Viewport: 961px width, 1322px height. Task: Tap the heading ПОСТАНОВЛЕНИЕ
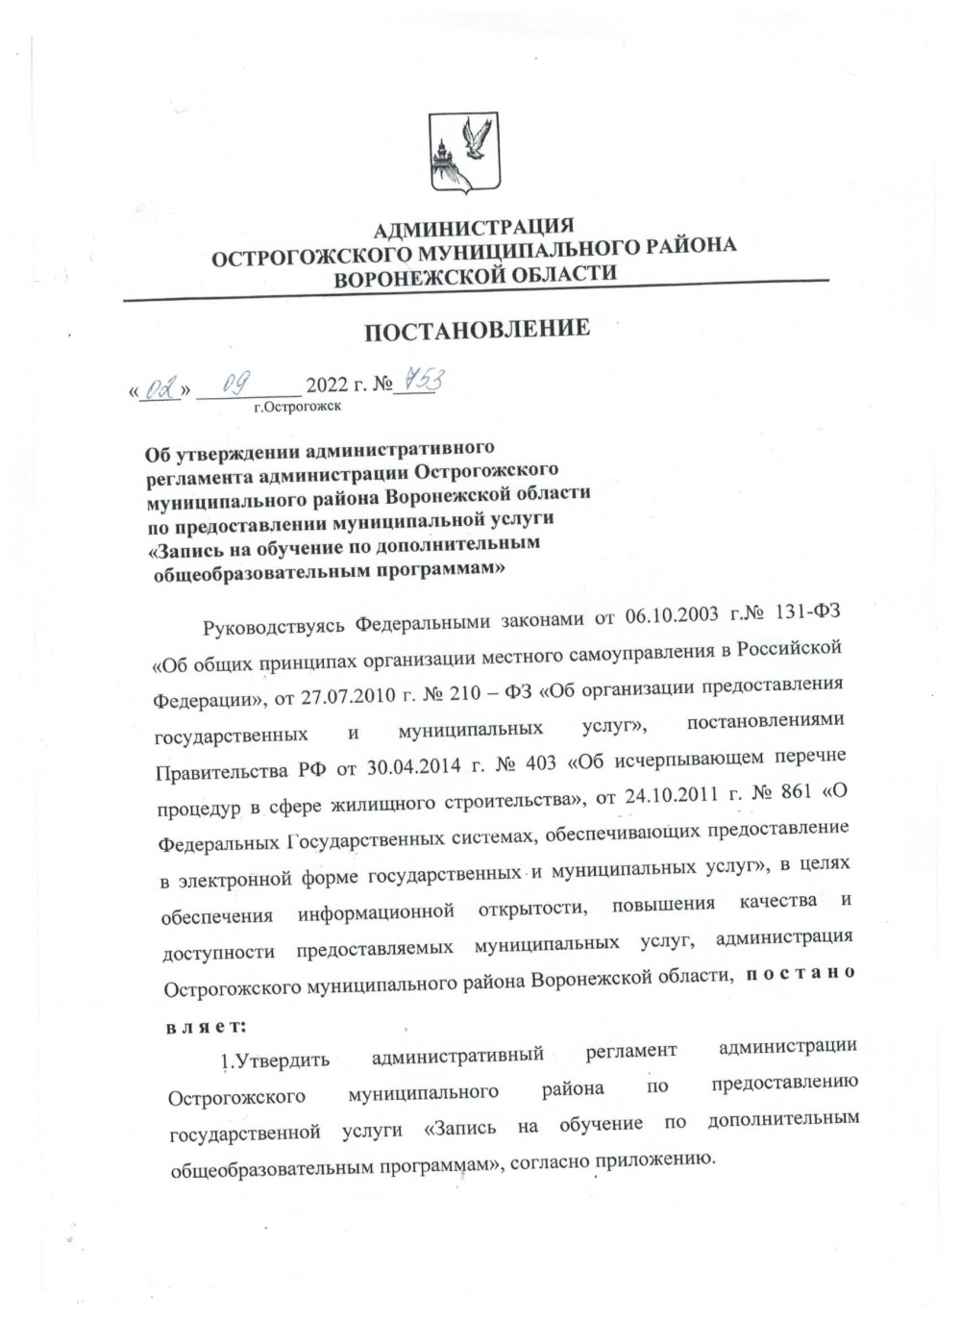(x=476, y=330)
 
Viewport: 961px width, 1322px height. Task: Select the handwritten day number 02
(x=160, y=389)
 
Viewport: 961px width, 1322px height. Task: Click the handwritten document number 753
(x=420, y=383)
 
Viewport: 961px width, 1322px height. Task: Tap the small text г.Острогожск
(x=297, y=407)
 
